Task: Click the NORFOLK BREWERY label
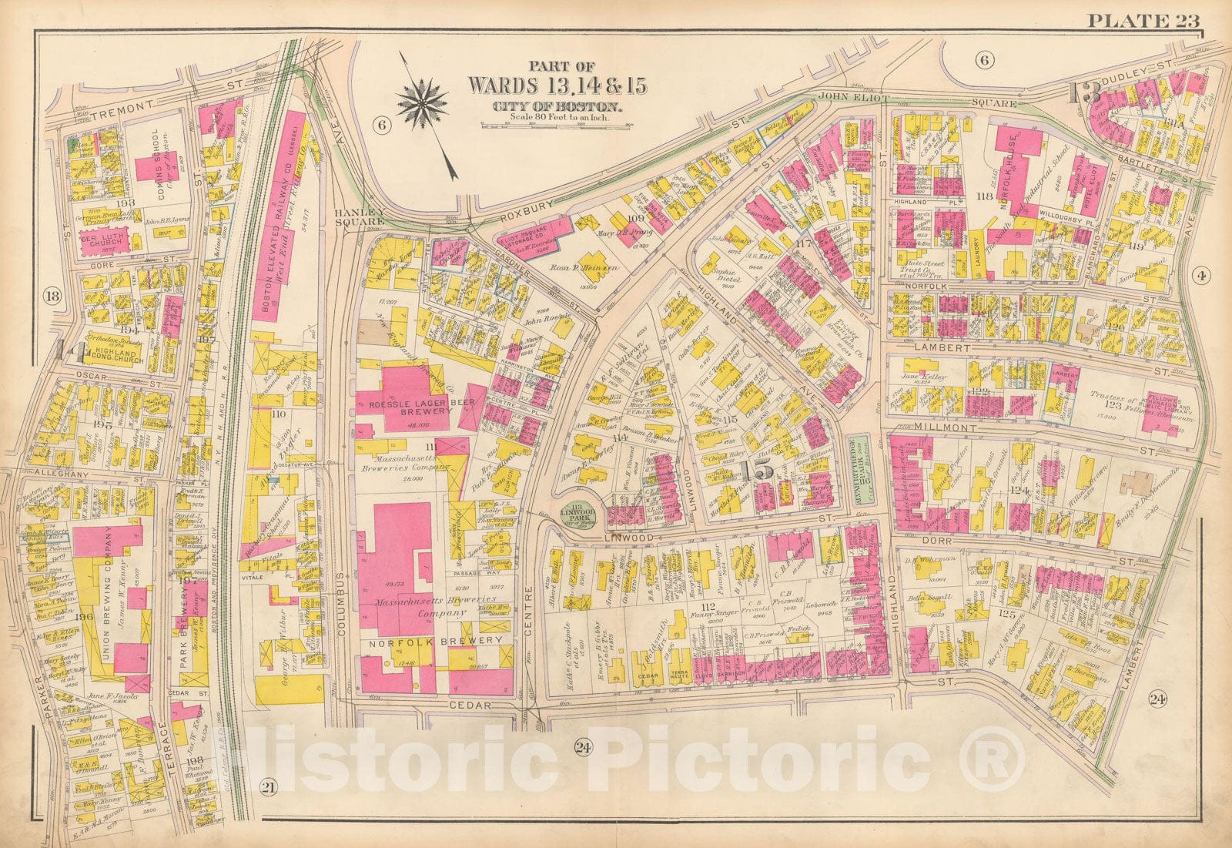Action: pos(434,640)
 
